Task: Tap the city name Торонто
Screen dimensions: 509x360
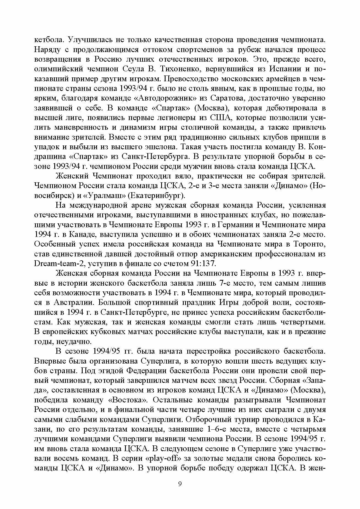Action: [x=309, y=244]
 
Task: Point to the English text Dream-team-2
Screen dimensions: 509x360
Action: [x=56, y=264]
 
